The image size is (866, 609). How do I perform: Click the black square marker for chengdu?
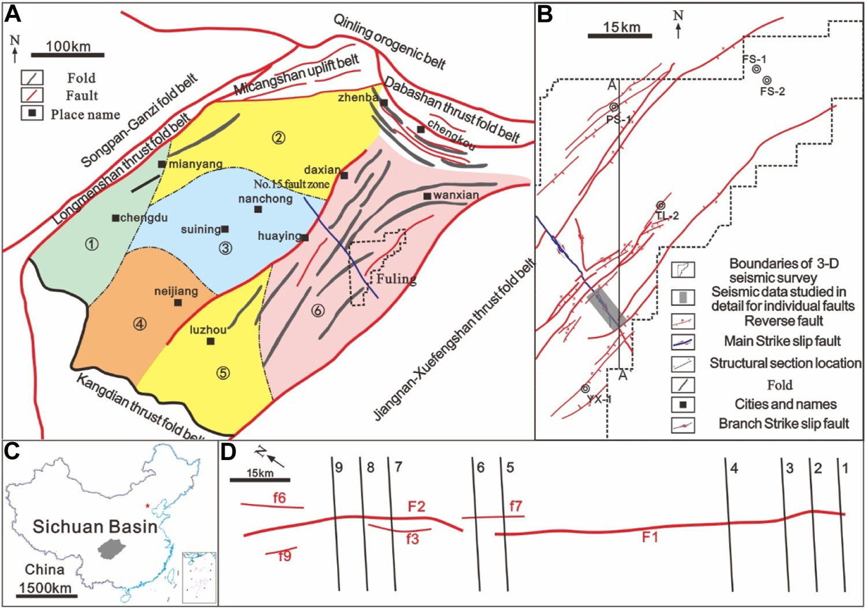pyautogui.click(x=115, y=218)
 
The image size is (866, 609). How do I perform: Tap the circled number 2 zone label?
pyautogui.click(x=279, y=137)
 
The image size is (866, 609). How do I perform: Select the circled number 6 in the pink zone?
pyautogui.click(x=318, y=311)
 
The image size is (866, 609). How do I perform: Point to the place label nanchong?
pyautogui.click(x=265, y=199)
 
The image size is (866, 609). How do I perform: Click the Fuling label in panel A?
pyautogui.click(x=396, y=279)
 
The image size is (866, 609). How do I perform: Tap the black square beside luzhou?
pyautogui.click(x=211, y=341)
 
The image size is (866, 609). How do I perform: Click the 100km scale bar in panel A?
pyautogui.click(x=68, y=55)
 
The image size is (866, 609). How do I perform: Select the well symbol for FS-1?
pyautogui.click(x=756, y=69)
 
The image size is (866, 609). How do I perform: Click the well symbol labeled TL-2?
pyautogui.click(x=660, y=206)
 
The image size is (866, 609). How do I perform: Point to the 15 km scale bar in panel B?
pyautogui.click(x=619, y=36)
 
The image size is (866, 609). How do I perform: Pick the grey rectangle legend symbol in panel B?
pyautogui.click(x=683, y=297)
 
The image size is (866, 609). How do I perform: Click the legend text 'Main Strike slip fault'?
pyautogui.click(x=782, y=341)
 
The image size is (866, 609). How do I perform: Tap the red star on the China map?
pyautogui.click(x=148, y=506)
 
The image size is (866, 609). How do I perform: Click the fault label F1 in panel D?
pyautogui.click(x=650, y=537)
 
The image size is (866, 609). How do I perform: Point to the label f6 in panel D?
pyautogui.click(x=279, y=498)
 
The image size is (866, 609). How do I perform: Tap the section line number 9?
pyautogui.click(x=339, y=468)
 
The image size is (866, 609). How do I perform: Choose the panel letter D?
pyautogui.click(x=229, y=452)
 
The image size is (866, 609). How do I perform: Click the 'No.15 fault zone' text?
pyautogui.click(x=292, y=184)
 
